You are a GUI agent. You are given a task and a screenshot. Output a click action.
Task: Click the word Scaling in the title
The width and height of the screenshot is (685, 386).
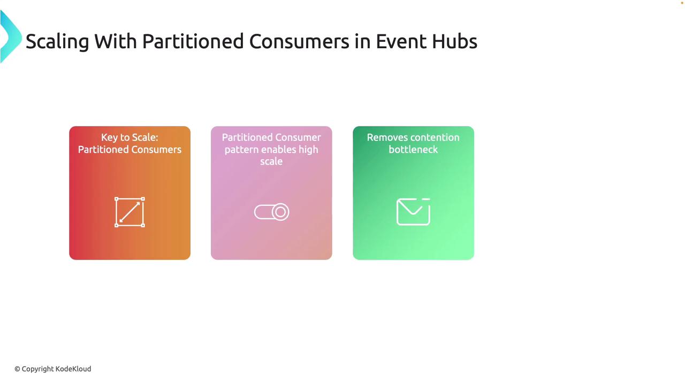[57, 42]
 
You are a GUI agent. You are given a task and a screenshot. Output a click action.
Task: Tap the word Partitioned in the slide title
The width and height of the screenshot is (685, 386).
[193, 41]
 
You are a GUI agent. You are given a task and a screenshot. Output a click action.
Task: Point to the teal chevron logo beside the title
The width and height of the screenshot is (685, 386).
[11, 36]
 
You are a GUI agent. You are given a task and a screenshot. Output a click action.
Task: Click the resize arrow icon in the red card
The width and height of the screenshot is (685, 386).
[130, 212]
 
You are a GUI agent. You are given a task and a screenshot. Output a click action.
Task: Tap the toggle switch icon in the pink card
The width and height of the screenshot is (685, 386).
[271, 212]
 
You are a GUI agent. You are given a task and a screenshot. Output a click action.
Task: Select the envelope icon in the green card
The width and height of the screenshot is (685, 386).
[413, 212]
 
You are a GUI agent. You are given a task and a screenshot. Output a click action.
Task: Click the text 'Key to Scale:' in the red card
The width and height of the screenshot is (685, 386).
[130, 137]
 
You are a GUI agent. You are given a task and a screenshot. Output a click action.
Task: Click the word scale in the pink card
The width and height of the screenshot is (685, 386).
[271, 161]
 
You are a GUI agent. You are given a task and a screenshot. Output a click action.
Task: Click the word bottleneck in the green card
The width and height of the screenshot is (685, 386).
[413, 150]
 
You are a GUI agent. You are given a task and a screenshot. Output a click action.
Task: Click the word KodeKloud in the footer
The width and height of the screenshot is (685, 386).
[73, 369]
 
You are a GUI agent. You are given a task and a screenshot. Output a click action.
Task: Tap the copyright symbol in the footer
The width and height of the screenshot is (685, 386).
[18, 369]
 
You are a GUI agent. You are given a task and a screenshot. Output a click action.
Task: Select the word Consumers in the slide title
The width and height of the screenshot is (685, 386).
[299, 41]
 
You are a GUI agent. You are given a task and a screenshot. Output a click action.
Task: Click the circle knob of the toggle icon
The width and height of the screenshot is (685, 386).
[280, 212]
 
